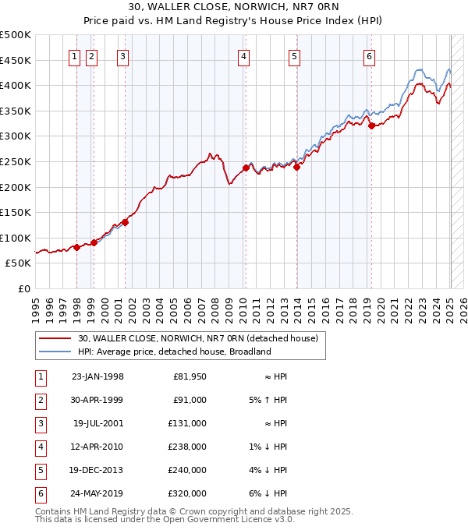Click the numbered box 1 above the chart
point(74,55)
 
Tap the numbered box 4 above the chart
point(244,55)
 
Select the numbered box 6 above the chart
point(368,55)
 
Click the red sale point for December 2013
point(296,167)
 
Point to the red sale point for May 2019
point(372,125)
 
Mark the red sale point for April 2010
point(245,168)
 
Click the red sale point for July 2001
point(125,222)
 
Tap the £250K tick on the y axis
point(16,161)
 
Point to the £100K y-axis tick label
point(16,238)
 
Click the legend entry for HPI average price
point(174,352)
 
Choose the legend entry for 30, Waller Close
point(197,339)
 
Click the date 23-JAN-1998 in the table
point(97,377)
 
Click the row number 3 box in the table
point(39,424)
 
